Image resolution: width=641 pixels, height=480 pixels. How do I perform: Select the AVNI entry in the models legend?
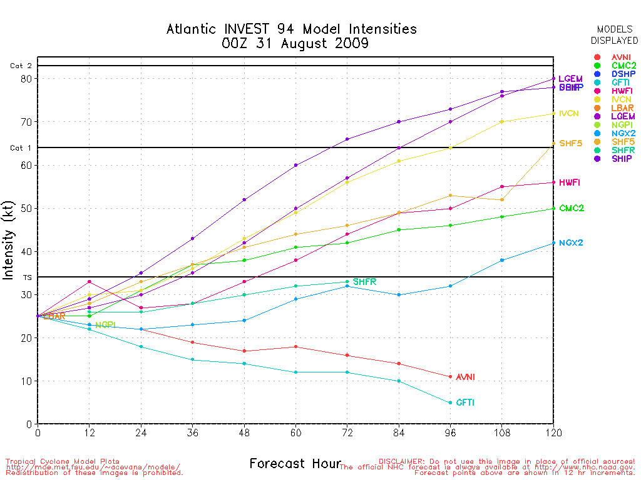coord(621,57)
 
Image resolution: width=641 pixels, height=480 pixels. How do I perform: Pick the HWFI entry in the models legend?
coord(621,91)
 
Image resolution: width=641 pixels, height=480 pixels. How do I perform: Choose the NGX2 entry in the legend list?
coord(621,133)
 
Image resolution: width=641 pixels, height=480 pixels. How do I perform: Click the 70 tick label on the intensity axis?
coord(25,122)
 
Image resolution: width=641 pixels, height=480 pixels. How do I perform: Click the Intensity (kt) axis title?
coord(9,245)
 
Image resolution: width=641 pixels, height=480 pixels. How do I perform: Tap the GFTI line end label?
coord(465,403)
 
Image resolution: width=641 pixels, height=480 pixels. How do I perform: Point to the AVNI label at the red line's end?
coord(465,377)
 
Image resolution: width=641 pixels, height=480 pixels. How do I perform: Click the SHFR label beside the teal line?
coord(364,282)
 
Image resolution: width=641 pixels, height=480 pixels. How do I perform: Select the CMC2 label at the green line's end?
coord(572,208)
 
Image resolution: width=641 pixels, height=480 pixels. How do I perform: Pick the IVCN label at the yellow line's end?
coord(569,114)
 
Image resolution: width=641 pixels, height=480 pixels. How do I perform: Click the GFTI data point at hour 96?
coord(450,402)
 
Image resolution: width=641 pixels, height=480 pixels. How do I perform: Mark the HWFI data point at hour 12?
coord(90,282)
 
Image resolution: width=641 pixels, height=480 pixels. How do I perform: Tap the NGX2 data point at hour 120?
coord(553,243)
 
